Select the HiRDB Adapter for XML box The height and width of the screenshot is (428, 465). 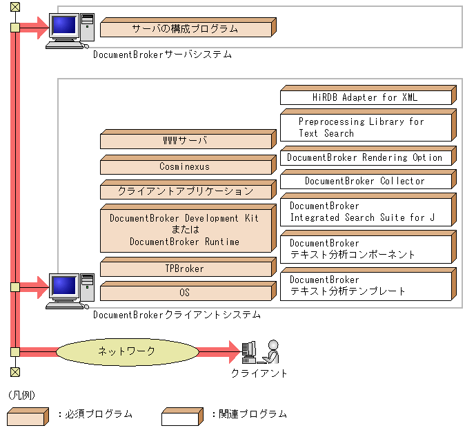pos(366,97)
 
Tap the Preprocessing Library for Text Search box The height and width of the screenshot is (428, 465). pos(366,127)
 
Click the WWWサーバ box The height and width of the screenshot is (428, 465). pos(185,142)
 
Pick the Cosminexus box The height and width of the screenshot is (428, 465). pos(185,166)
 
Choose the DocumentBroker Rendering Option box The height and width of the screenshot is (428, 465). pos(366,157)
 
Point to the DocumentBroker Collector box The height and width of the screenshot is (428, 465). pos(366,181)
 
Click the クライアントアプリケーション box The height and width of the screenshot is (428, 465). pos(185,191)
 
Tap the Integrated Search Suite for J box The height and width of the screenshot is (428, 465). pos(366,212)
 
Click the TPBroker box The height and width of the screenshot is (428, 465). pos(185,269)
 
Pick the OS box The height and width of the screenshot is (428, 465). pos(185,293)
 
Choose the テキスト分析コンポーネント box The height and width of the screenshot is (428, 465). pos(366,249)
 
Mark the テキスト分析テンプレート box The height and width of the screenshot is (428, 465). pos(366,285)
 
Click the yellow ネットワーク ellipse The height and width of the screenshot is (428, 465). pos(126,351)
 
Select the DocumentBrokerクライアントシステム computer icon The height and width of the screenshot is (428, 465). pos(69,291)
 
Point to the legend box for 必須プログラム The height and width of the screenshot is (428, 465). pos(28,416)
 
